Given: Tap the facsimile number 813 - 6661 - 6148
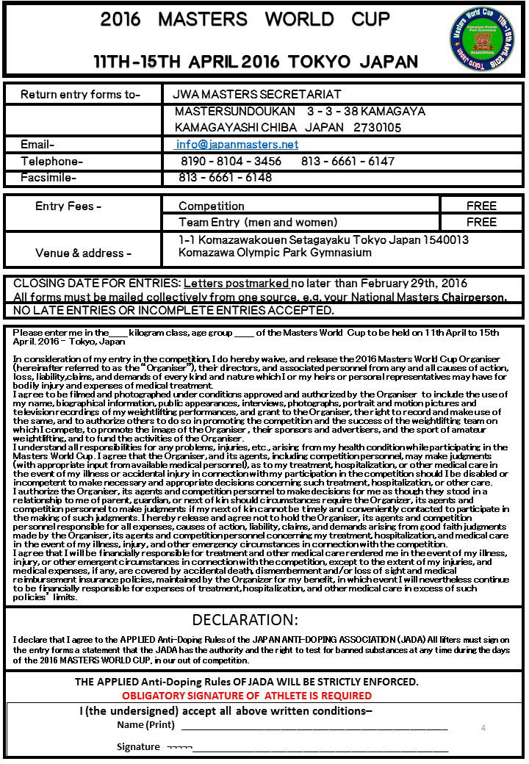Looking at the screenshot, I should (x=225, y=177).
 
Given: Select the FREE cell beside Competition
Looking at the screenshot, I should (x=481, y=206).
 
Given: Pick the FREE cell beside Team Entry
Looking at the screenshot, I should (x=481, y=222).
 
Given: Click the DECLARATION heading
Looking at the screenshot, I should (x=245, y=619).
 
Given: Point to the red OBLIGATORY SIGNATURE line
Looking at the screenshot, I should (x=247, y=695).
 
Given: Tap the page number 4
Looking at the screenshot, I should (x=483, y=727).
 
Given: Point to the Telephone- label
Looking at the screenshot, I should (x=52, y=162).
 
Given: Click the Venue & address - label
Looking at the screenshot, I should (x=84, y=253).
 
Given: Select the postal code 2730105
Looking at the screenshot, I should (x=378, y=127).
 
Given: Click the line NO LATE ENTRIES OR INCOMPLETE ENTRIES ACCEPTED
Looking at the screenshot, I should (x=173, y=311).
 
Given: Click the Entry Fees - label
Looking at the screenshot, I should (x=68, y=206).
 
